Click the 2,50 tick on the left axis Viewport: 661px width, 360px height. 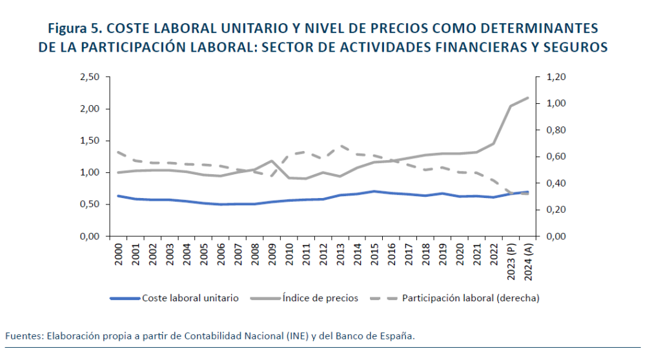coord(89,77)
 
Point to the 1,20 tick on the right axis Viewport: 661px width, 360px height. coord(556,77)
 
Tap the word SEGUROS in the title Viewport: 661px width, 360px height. coord(575,48)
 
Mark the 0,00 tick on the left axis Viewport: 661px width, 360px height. coord(89,237)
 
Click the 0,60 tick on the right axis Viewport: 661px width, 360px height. coord(556,157)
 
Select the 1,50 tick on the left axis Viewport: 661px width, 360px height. coord(89,141)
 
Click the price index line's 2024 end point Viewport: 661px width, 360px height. coord(529,97)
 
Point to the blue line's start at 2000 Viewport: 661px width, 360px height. coord(117,195)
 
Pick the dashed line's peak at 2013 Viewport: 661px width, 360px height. coord(341,146)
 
